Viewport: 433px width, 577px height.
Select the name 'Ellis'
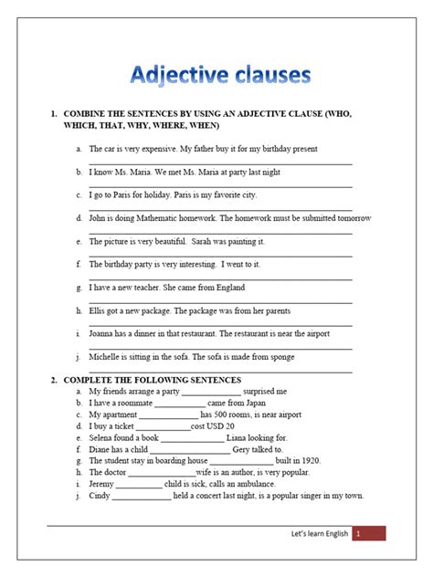pyautogui.click(x=99, y=310)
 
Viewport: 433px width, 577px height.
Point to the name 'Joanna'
pyautogui.click(x=103, y=334)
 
